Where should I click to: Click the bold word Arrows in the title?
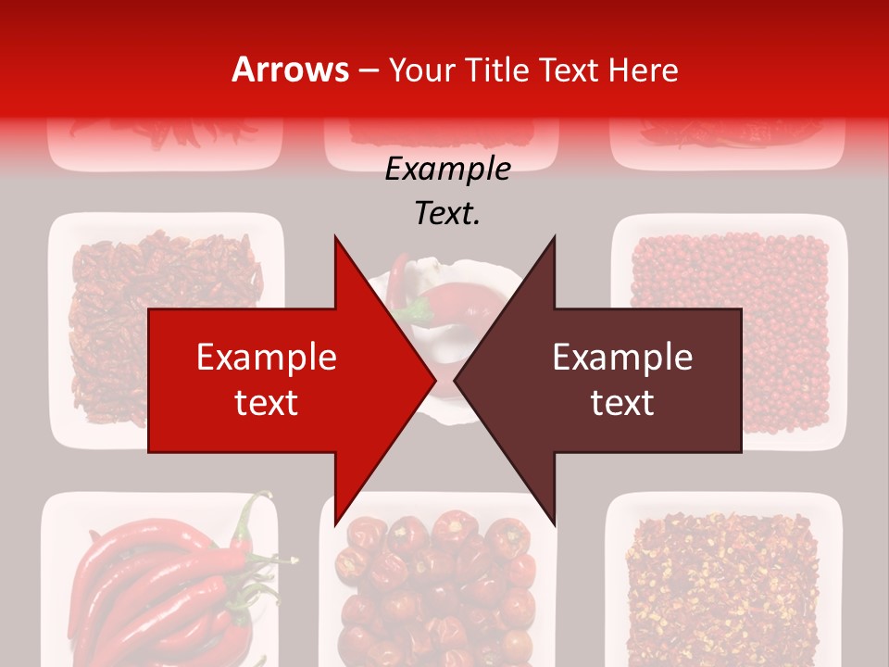[x=290, y=69]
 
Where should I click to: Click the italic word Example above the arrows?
[x=447, y=170]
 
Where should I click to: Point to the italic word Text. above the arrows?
[x=447, y=213]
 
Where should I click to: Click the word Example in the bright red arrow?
[x=266, y=358]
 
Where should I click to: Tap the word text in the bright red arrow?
[x=266, y=402]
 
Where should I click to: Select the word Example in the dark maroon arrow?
[x=622, y=358]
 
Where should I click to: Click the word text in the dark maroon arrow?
[x=622, y=402]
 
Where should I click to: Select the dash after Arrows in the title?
[x=369, y=70]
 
